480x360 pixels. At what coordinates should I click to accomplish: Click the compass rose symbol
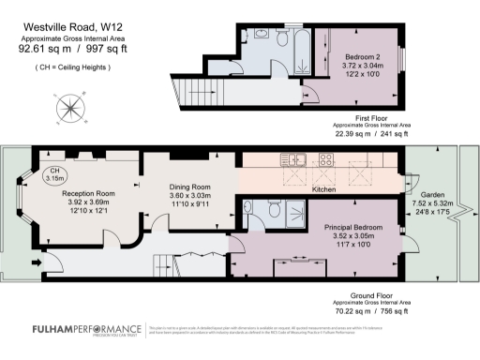(x=70, y=110)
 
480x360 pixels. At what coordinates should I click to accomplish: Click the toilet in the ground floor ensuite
(x=273, y=212)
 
